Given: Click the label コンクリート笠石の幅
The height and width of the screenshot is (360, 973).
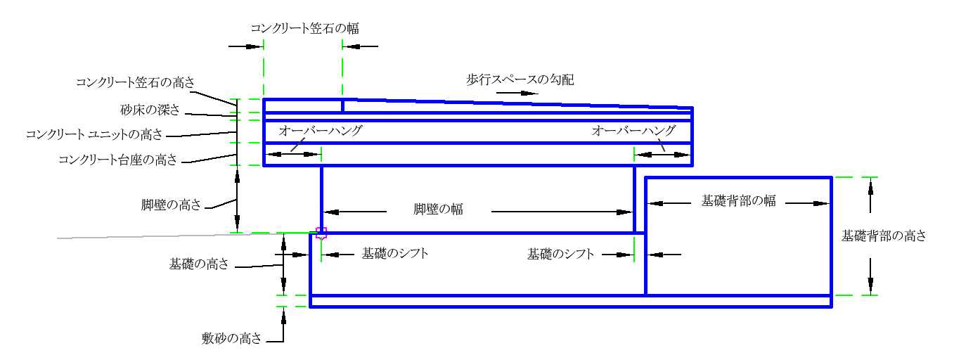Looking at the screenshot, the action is point(305,29).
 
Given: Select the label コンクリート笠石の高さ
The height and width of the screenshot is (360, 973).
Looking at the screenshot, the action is point(136,82).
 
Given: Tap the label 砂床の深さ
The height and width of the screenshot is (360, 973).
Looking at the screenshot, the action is point(150,110).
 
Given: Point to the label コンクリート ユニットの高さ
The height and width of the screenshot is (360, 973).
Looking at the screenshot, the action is point(94,134).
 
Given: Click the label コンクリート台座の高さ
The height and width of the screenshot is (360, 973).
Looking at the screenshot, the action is point(118,160).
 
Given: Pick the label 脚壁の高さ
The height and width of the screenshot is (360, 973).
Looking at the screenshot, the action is point(171,205).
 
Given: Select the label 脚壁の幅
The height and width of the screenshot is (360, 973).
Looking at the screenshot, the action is point(438,210).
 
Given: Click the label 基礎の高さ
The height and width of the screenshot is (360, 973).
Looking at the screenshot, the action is point(199,264).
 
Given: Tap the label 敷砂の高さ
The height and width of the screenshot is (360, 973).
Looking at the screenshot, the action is point(231,338).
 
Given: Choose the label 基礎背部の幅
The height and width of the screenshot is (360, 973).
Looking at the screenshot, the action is point(738,200).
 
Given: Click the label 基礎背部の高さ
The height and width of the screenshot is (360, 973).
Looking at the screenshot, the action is point(884,236).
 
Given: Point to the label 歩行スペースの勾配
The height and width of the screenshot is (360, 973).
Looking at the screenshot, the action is point(520,80).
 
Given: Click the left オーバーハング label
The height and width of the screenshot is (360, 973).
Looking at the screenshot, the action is point(321,130).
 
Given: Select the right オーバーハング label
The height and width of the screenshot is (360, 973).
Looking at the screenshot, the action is point(633,130).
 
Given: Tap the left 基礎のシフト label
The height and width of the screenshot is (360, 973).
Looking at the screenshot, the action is point(395,254).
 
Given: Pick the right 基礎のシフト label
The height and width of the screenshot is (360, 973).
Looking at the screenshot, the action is point(561,254).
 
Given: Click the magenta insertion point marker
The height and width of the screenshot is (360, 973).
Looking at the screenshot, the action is point(321,233).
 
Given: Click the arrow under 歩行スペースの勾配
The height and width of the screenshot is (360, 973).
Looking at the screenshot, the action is point(517,93).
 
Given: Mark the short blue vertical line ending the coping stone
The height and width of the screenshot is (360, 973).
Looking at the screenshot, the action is point(342,106).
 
